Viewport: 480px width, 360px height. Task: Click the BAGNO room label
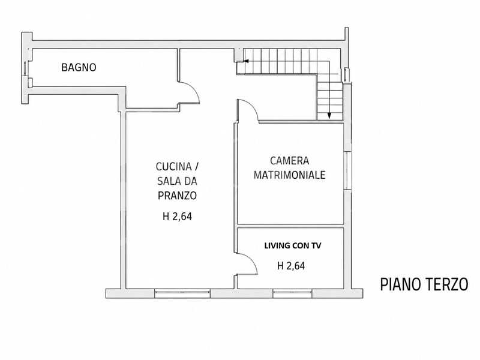(79, 67)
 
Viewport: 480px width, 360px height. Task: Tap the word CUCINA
(173, 167)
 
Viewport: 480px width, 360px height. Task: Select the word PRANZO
(177, 196)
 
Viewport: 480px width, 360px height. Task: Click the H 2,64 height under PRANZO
(177, 217)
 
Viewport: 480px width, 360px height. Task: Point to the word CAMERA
(290, 160)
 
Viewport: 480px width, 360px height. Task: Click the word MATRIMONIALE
(290, 175)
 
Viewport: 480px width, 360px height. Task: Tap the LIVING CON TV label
(293, 245)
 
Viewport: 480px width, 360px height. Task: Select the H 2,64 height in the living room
(291, 266)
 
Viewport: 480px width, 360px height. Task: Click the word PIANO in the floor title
(398, 284)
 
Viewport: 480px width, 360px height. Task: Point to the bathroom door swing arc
(193, 88)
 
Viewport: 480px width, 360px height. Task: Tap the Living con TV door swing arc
(251, 260)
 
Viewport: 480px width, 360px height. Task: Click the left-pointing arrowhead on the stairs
(247, 62)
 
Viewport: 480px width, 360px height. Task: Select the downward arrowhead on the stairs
(329, 116)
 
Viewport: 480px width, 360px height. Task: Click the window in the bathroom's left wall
(25, 68)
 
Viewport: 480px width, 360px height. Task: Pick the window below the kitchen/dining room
(182, 293)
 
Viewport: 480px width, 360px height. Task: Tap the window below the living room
(293, 293)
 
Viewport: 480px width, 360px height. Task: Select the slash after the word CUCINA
(197, 167)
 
